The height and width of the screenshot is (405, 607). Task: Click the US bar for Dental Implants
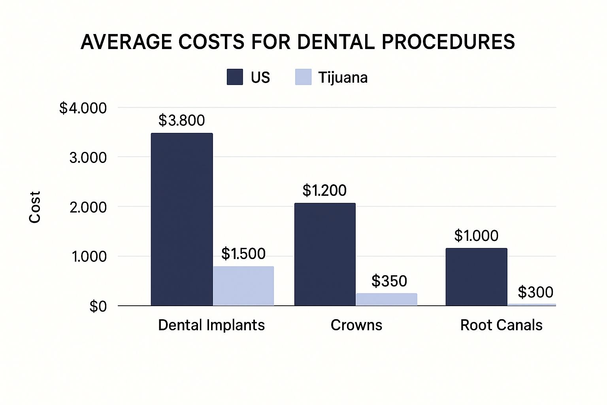click(182, 220)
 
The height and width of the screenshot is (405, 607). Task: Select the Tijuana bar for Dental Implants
click(243, 286)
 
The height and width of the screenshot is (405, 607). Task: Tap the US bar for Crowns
click(325, 254)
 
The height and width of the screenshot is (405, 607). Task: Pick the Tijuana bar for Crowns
click(386, 299)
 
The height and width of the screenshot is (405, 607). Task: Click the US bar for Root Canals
click(476, 277)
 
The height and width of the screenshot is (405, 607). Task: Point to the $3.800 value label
click(182, 120)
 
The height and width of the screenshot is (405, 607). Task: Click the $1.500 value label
click(243, 254)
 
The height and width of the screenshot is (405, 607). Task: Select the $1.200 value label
click(324, 190)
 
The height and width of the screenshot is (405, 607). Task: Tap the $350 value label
click(389, 281)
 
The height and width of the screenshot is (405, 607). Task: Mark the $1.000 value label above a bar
click(476, 235)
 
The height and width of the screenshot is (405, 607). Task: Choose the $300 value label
click(535, 292)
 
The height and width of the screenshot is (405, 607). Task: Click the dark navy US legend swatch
click(235, 77)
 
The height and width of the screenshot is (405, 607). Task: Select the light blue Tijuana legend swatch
click(303, 77)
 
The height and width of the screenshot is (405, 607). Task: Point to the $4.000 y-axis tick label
click(83, 108)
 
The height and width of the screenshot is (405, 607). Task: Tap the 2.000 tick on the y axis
click(88, 207)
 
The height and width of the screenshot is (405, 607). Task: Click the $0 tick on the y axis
click(98, 306)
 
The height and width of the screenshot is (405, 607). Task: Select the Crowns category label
click(356, 325)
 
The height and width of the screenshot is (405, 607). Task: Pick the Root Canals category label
click(501, 325)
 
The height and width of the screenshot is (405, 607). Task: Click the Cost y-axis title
click(35, 207)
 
